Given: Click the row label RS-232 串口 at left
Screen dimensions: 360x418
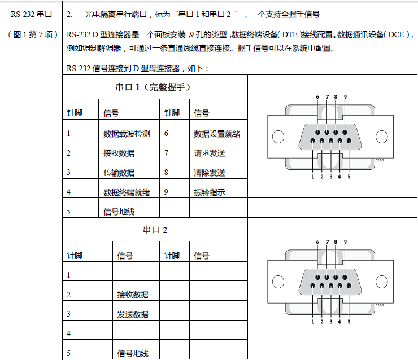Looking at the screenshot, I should pos(31,14).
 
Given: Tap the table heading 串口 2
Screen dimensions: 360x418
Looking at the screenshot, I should pos(155,230).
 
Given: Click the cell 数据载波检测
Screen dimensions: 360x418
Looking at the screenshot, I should pos(127,134).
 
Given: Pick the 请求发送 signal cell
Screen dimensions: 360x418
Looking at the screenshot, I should pos(209,153).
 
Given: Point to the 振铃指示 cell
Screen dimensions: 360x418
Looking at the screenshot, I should pos(209,192).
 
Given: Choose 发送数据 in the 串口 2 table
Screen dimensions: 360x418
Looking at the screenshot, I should pos(133,314).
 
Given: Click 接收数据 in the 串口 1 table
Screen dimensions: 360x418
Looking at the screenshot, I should pos(119,153).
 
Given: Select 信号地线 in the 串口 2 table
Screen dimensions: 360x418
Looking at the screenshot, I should pos(133,353).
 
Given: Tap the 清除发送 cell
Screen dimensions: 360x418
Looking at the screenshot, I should pos(209,173).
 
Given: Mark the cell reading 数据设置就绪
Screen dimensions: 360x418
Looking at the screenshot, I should pos(217,134).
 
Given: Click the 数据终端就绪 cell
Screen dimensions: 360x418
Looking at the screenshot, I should pos(127,192).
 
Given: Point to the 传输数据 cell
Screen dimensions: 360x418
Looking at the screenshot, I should pos(119,173).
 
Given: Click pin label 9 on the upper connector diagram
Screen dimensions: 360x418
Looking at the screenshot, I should pos(345,97).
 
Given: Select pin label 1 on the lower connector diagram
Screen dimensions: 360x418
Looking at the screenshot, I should pos(312,322).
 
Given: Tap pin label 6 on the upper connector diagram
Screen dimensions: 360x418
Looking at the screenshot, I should pos(317,97).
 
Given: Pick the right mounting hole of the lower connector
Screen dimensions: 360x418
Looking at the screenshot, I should pos(382,282).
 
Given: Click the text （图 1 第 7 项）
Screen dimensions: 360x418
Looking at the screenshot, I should pos(33,34).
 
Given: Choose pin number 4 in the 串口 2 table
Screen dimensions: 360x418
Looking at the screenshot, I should pos(69,333).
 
